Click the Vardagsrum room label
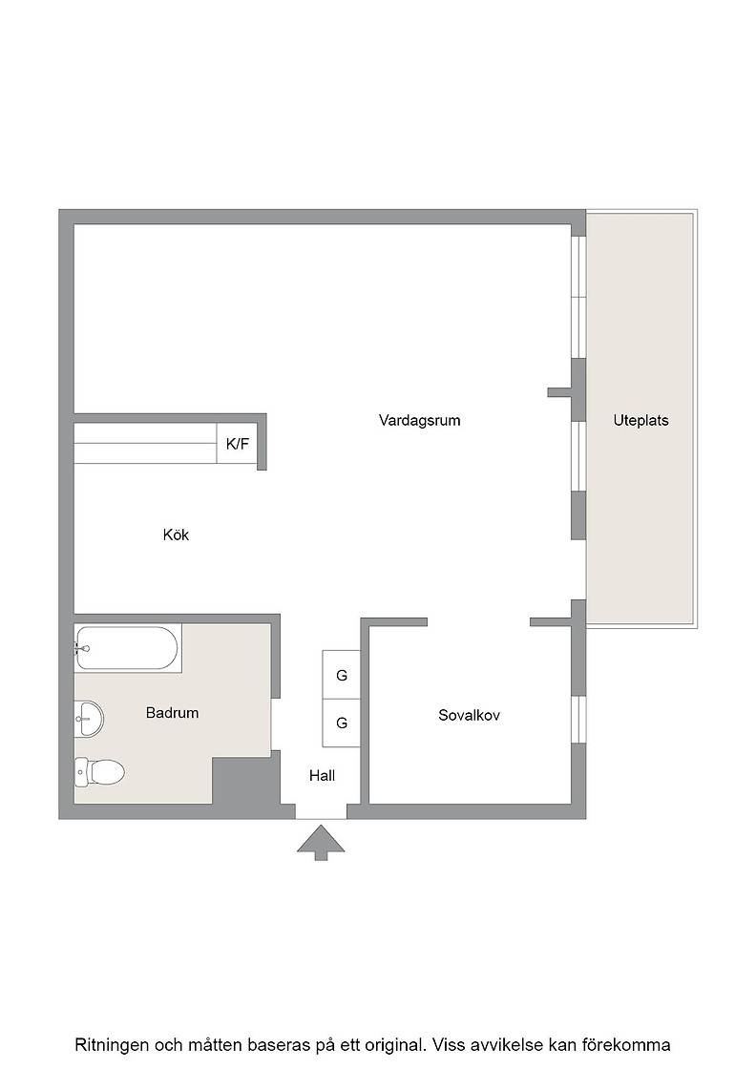point(419,420)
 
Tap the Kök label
point(176,534)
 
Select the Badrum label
point(173,712)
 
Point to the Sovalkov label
point(469,715)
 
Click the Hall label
point(322,775)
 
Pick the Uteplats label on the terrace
point(640,420)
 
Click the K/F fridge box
point(238,444)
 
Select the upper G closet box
point(342,675)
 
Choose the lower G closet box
point(342,723)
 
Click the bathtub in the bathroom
point(128,648)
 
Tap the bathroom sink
point(89,719)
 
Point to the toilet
point(99,772)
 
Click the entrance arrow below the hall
point(321,843)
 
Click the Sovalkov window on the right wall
point(578,720)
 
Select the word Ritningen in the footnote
point(112,1045)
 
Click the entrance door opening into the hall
point(321,812)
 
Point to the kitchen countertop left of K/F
point(145,444)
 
